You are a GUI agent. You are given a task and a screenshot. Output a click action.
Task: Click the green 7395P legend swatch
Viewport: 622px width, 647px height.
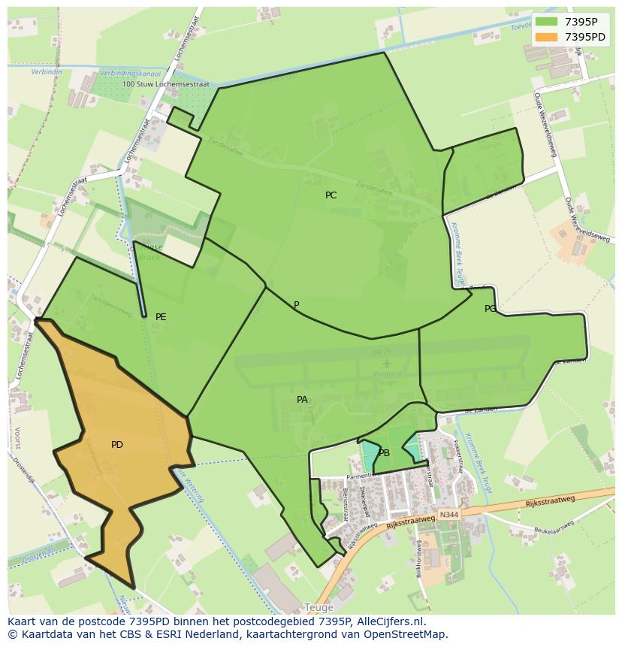click(x=546, y=21)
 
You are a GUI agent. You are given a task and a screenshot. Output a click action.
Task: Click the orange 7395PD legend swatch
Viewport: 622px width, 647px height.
click(x=546, y=37)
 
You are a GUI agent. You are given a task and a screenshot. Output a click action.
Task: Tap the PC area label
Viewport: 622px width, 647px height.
click(x=331, y=195)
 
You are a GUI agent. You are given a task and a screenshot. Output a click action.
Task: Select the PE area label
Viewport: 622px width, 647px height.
click(x=161, y=317)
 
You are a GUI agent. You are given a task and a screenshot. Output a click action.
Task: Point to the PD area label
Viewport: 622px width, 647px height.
click(x=117, y=445)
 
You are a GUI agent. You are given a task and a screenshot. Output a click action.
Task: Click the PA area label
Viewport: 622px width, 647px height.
click(x=302, y=400)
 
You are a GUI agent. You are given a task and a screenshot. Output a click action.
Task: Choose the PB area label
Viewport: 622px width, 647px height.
click(x=384, y=453)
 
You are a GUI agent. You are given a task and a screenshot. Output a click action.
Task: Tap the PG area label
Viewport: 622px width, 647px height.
click(x=491, y=309)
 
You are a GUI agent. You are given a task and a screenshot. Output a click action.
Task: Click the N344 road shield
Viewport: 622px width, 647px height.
click(x=448, y=515)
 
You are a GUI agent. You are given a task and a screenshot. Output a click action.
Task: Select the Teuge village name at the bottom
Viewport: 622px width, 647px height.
click(x=319, y=607)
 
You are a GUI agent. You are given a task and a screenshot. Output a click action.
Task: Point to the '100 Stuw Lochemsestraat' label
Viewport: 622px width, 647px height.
click(x=165, y=85)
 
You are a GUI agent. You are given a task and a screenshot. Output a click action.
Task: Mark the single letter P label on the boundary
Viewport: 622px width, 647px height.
click(x=297, y=305)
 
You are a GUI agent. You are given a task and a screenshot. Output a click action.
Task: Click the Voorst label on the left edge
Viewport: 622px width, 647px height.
click(x=17, y=439)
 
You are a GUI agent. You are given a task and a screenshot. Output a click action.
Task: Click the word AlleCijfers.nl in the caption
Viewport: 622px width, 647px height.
click(x=391, y=621)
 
